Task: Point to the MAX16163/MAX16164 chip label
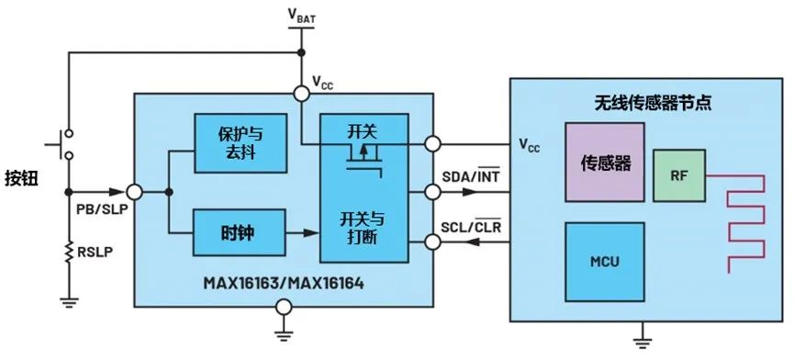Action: pos(285,284)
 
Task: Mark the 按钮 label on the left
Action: pos(22,176)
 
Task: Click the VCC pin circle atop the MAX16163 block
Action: pos(300,93)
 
